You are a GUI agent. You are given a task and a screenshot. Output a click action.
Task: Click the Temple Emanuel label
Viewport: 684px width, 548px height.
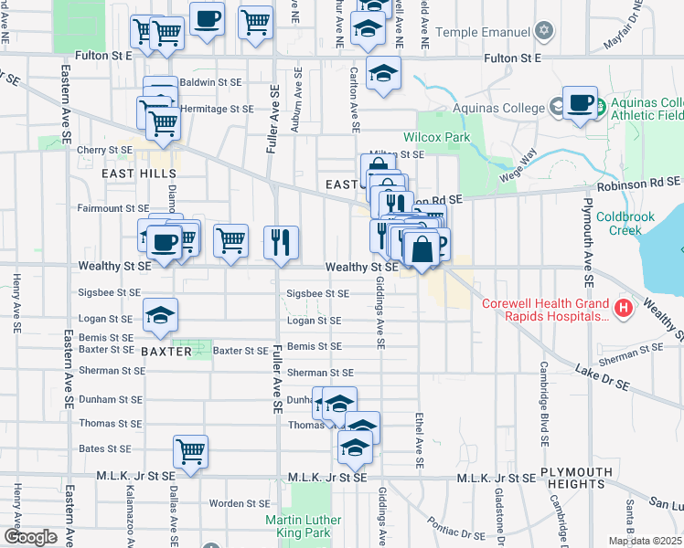coord(483,32)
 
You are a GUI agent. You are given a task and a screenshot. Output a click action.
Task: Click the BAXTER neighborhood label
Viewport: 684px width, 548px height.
coord(166,351)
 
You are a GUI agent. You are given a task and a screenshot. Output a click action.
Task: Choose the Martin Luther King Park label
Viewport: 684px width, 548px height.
coord(303,526)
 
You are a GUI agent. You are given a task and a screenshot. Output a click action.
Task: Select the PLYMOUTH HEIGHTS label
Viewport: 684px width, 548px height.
coord(576,478)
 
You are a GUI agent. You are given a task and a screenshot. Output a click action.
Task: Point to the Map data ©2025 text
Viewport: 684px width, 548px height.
coord(646,541)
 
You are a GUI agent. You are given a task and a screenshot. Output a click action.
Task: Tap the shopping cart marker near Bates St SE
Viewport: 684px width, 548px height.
coord(190,450)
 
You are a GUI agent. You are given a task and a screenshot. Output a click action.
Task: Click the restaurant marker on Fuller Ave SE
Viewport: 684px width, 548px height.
coord(281,241)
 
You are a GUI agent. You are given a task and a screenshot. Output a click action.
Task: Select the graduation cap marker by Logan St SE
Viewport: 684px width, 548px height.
coord(160,315)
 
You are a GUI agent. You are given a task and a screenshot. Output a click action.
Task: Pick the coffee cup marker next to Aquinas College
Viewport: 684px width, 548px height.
coord(580,102)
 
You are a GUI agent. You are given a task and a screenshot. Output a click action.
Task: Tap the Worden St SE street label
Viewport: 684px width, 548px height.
coord(238,503)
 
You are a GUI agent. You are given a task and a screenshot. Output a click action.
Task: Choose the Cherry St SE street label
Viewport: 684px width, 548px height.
coord(105,150)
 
